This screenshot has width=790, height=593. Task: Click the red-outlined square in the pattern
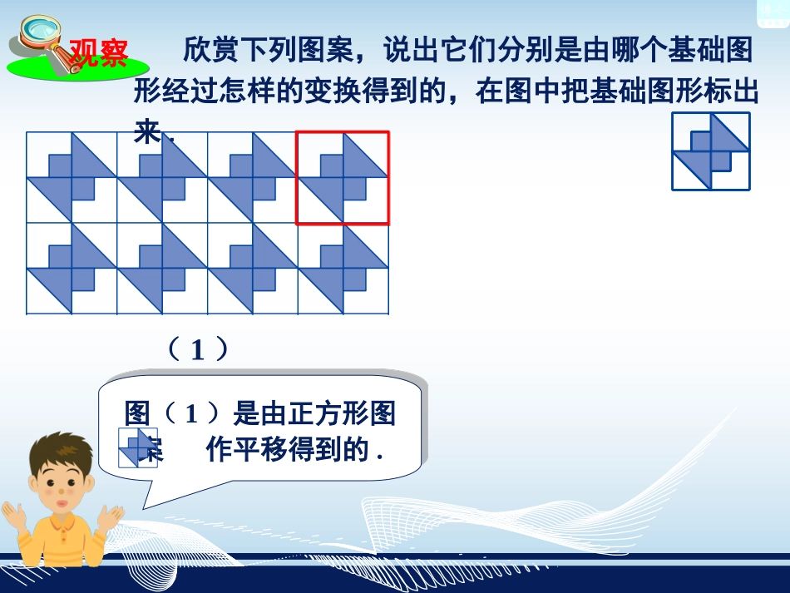[343, 178]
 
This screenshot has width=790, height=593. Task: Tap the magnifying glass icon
[34, 37]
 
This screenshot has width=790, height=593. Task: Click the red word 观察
[98, 52]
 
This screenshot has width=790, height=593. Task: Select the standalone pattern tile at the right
[711, 151]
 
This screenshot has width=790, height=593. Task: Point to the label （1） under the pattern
[197, 349]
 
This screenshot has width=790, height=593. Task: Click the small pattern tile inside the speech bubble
[137, 447]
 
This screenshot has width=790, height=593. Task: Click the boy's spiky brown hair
[63, 453]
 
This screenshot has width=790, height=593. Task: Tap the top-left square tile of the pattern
[72, 178]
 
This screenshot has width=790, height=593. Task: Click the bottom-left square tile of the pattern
[72, 269]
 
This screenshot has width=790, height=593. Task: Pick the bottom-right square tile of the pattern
[343, 269]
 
